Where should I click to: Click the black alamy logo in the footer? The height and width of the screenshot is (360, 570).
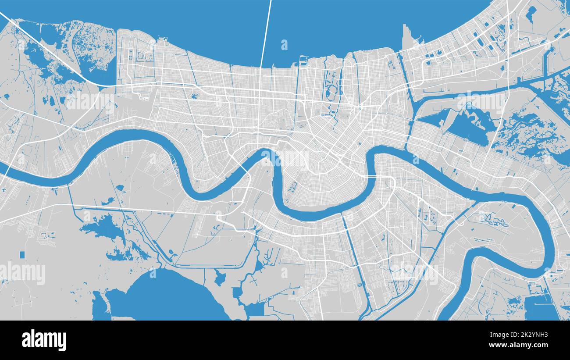pos(44,340)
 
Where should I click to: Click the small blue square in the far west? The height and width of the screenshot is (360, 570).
pos(22,255)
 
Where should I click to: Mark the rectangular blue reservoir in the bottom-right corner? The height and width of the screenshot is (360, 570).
pos(541,307)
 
